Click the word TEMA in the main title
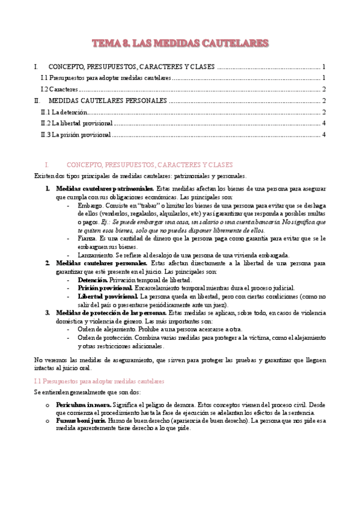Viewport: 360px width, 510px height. coord(106,43)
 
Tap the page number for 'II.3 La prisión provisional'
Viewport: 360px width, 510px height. coord(324,135)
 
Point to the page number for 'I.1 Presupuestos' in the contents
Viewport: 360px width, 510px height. coord(324,78)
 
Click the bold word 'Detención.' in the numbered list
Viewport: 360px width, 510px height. coord(93,280)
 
